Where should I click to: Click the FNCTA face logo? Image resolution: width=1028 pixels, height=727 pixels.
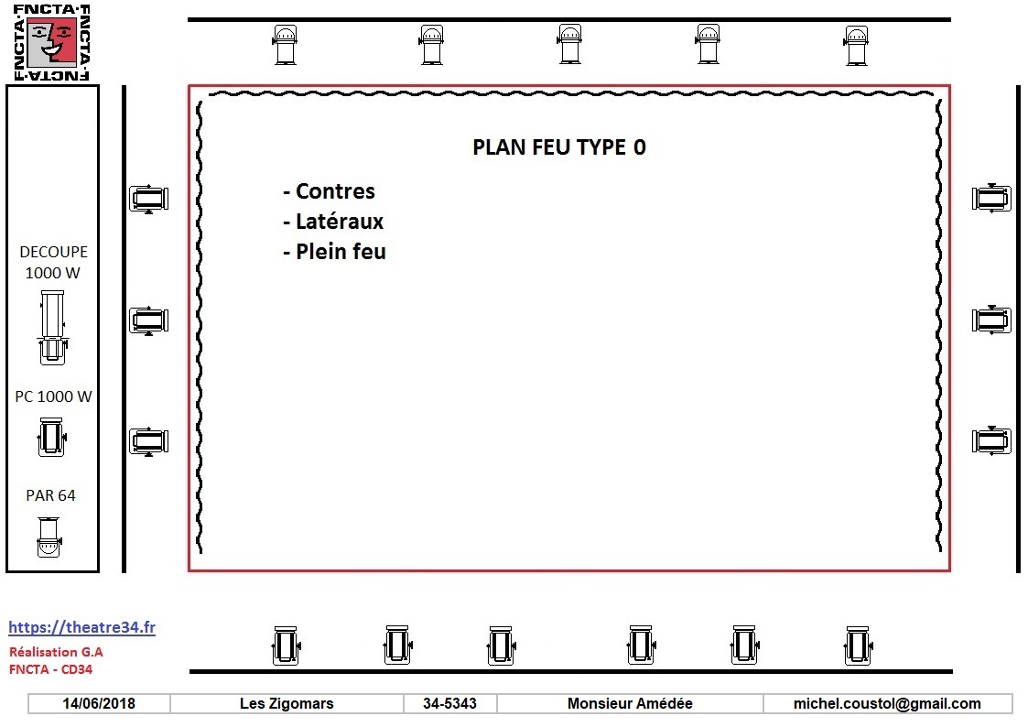(x=52, y=43)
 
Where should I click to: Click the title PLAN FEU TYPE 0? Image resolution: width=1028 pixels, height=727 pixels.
(x=559, y=146)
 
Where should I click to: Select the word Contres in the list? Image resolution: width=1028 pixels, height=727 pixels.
(x=335, y=190)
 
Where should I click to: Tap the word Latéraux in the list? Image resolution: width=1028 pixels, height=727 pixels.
(x=340, y=221)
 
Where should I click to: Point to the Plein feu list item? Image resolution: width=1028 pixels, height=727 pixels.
(x=334, y=251)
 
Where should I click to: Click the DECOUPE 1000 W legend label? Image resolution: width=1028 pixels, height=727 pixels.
(x=53, y=262)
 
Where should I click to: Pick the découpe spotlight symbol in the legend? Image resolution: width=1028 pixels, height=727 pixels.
(x=52, y=328)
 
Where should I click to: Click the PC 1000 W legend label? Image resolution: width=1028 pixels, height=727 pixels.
(x=53, y=396)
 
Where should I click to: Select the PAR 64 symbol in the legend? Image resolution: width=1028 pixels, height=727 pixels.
(x=49, y=537)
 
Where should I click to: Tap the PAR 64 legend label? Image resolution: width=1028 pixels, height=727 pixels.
(x=50, y=495)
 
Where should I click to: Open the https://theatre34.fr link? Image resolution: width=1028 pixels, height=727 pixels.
(x=82, y=627)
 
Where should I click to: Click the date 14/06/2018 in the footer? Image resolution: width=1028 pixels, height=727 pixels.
(x=99, y=703)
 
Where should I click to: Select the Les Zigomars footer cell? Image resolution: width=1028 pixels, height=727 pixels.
(x=287, y=703)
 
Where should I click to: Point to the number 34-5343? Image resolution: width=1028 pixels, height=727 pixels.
(x=449, y=703)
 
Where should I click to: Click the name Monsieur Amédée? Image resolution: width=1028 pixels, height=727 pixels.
(x=630, y=703)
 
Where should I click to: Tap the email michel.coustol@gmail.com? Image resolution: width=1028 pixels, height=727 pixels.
(x=887, y=703)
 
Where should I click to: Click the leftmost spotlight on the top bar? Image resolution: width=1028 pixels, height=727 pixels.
(x=285, y=45)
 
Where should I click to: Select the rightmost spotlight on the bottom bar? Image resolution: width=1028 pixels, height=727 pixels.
(x=858, y=646)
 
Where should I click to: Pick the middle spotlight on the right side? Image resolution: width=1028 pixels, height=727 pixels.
(x=991, y=320)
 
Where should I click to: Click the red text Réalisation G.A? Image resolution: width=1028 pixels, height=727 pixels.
(x=56, y=652)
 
